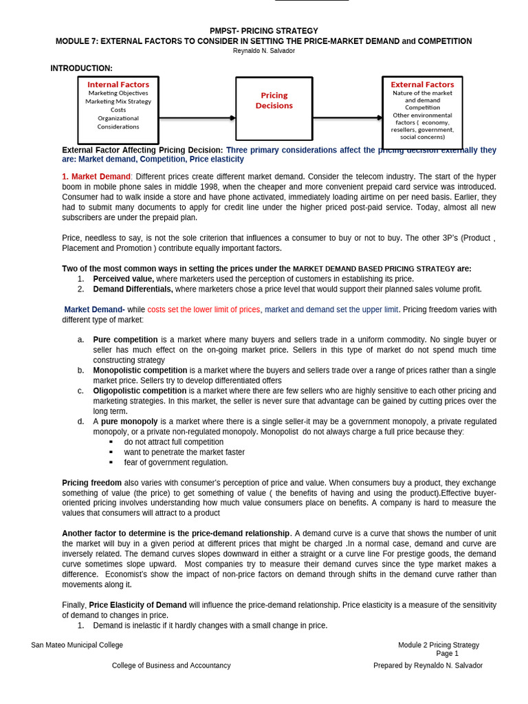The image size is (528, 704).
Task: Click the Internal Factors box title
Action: [118, 85]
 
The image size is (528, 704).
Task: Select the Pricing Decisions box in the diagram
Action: [274, 100]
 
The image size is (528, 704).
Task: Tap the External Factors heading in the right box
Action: [422, 85]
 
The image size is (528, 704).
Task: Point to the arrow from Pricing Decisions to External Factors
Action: [347, 118]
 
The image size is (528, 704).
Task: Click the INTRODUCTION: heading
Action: [81, 68]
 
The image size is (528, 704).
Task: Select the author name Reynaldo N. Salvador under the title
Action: [264, 51]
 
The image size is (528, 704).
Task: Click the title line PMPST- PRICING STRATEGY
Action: [264, 31]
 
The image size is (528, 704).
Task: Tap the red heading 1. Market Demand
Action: [96, 177]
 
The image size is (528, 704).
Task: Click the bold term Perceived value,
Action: [124, 279]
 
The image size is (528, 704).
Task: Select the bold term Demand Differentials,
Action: [133, 289]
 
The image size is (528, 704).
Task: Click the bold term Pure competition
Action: [126, 340]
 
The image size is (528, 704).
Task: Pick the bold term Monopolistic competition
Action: [140, 370]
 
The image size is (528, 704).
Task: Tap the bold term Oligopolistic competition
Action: [140, 390]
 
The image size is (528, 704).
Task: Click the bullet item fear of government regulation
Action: [176, 463]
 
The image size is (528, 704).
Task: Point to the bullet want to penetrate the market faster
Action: [184, 452]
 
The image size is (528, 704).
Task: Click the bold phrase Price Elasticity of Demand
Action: [137, 605]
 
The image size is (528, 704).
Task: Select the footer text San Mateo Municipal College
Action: [77, 645]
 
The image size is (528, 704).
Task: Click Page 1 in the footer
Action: [447, 654]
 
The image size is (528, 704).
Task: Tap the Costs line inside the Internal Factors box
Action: [118, 109]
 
